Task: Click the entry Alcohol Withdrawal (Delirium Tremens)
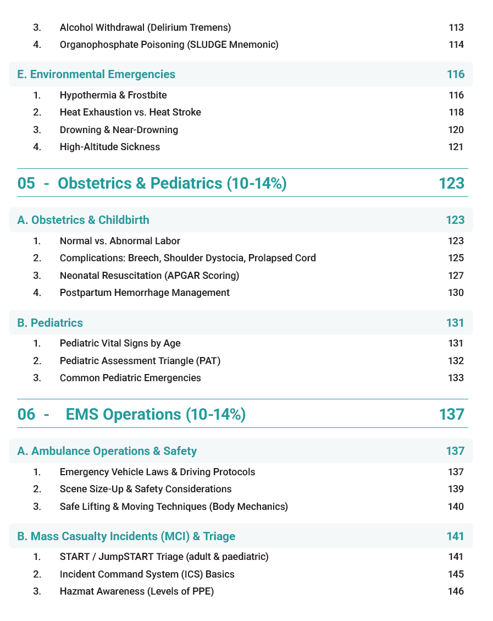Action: (x=145, y=28)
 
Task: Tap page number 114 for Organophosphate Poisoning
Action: (x=456, y=45)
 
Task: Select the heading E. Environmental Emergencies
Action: (x=96, y=74)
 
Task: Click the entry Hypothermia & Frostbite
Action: (x=113, y=95)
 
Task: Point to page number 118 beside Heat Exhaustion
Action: (x=456, y=112)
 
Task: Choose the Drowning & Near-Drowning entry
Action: (x=119, y=130)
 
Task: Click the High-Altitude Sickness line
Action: (x=110, y=147)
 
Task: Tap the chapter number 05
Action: (x=26, y=183)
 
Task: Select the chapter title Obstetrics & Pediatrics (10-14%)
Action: (x=172, y=183)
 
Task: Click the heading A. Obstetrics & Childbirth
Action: (x=83, y=220)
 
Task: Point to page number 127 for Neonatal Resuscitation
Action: (x=456, y=276)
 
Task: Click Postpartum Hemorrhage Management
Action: (x=145, y=293)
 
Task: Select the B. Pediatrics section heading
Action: (x=50, y=323)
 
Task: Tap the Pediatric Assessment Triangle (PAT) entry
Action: (x=140, y=361)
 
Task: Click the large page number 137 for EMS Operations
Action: (x=452, y=414)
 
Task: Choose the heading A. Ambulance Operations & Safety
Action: (x=107, y=451)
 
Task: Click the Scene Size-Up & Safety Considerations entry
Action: (x=146, y=489)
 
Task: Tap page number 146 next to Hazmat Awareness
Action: (x=456, y=591)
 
